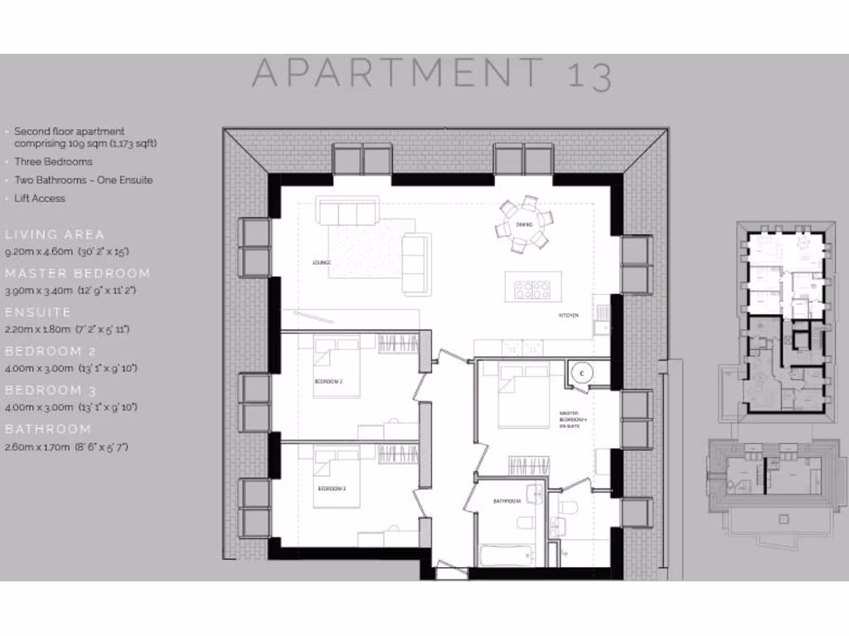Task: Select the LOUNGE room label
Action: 322,263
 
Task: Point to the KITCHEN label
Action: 567,316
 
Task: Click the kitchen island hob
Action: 532,288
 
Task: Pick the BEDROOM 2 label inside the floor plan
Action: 328,382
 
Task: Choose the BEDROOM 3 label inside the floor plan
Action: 332,489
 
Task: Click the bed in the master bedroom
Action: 523,396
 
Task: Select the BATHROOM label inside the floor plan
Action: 506,501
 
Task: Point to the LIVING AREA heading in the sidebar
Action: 55,234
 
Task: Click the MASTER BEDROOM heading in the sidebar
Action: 78,273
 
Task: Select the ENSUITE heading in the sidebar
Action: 38,312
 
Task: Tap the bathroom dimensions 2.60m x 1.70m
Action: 66,447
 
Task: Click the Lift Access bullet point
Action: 39,199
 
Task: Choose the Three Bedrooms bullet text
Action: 53,162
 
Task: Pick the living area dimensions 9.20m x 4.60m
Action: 67,251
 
